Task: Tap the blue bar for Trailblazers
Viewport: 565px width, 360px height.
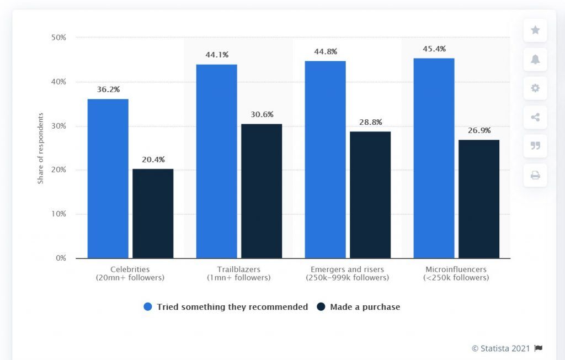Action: [216, 161]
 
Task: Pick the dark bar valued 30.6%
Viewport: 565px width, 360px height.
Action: [262, 191]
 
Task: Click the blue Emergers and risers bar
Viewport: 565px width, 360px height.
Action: [325, 160]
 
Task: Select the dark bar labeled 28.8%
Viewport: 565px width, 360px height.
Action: [370, 195]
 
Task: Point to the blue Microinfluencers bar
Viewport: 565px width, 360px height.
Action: [434, 158]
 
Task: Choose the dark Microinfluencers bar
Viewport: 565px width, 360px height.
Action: [479, 199]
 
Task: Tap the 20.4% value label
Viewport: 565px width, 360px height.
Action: [153, 160]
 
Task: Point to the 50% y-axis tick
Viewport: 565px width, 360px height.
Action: [58, 38]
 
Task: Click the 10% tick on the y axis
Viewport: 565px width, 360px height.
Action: [58, 214]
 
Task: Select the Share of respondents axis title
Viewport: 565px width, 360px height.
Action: [40, 148]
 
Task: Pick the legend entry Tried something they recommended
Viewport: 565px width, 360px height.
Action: [226, 307]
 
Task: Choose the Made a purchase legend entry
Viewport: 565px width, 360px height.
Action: [359, 307]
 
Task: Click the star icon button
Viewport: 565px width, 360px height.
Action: [535, 30]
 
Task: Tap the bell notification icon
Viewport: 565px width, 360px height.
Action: [535, 60]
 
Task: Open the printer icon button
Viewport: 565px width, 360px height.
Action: [535, 176]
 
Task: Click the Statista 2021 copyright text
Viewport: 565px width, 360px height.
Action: [501, 348]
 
